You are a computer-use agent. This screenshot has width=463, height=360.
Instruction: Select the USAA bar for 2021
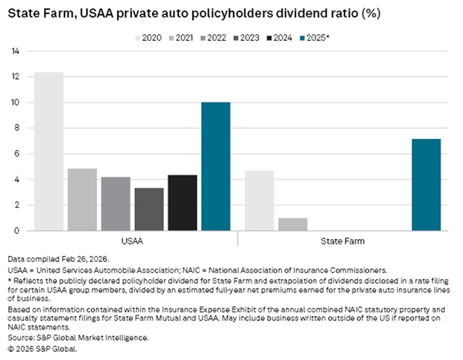[x=82, y=200]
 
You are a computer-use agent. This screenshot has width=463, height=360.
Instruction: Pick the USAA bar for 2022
[x=116, y=203]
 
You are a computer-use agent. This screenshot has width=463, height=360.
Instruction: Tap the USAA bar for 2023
[x=149, y=209]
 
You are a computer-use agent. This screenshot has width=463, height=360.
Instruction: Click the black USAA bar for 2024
[x=183, y=203]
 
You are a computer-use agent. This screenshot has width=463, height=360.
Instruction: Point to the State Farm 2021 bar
[x=292, y=224]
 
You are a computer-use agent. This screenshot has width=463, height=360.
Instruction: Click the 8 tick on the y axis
[x=15, y=128]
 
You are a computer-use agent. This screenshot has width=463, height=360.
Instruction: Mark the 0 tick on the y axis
[x=15, y=231]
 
